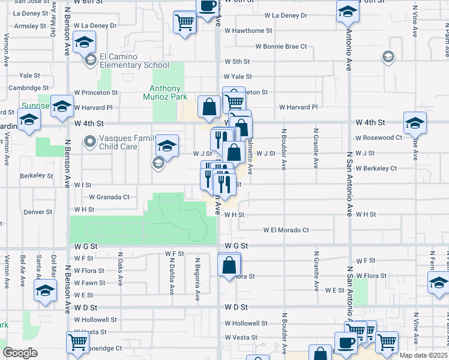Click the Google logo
click(x=20, y=353)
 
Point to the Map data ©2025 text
click(x=424, y=355)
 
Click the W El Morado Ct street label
click(x=286, y=230)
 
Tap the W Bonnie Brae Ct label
click(x=281, y=46)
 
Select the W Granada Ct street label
click(x=109, y=197)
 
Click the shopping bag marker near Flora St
click(x=229, y=265)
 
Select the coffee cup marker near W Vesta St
click(x=345, y=342)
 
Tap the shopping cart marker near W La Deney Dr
click(x=185, y=23)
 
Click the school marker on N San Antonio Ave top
click(x=348, y=11)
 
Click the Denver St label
click(x=38, y=212)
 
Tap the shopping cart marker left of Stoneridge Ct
click(x=78, y=342)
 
